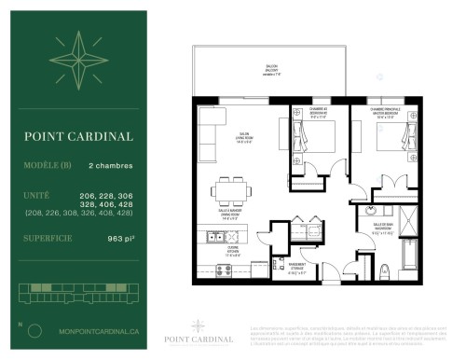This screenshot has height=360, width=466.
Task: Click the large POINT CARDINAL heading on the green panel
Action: point(78,135)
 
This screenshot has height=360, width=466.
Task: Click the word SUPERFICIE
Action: point(45,239)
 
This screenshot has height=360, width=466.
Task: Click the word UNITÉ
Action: point(35,194)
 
